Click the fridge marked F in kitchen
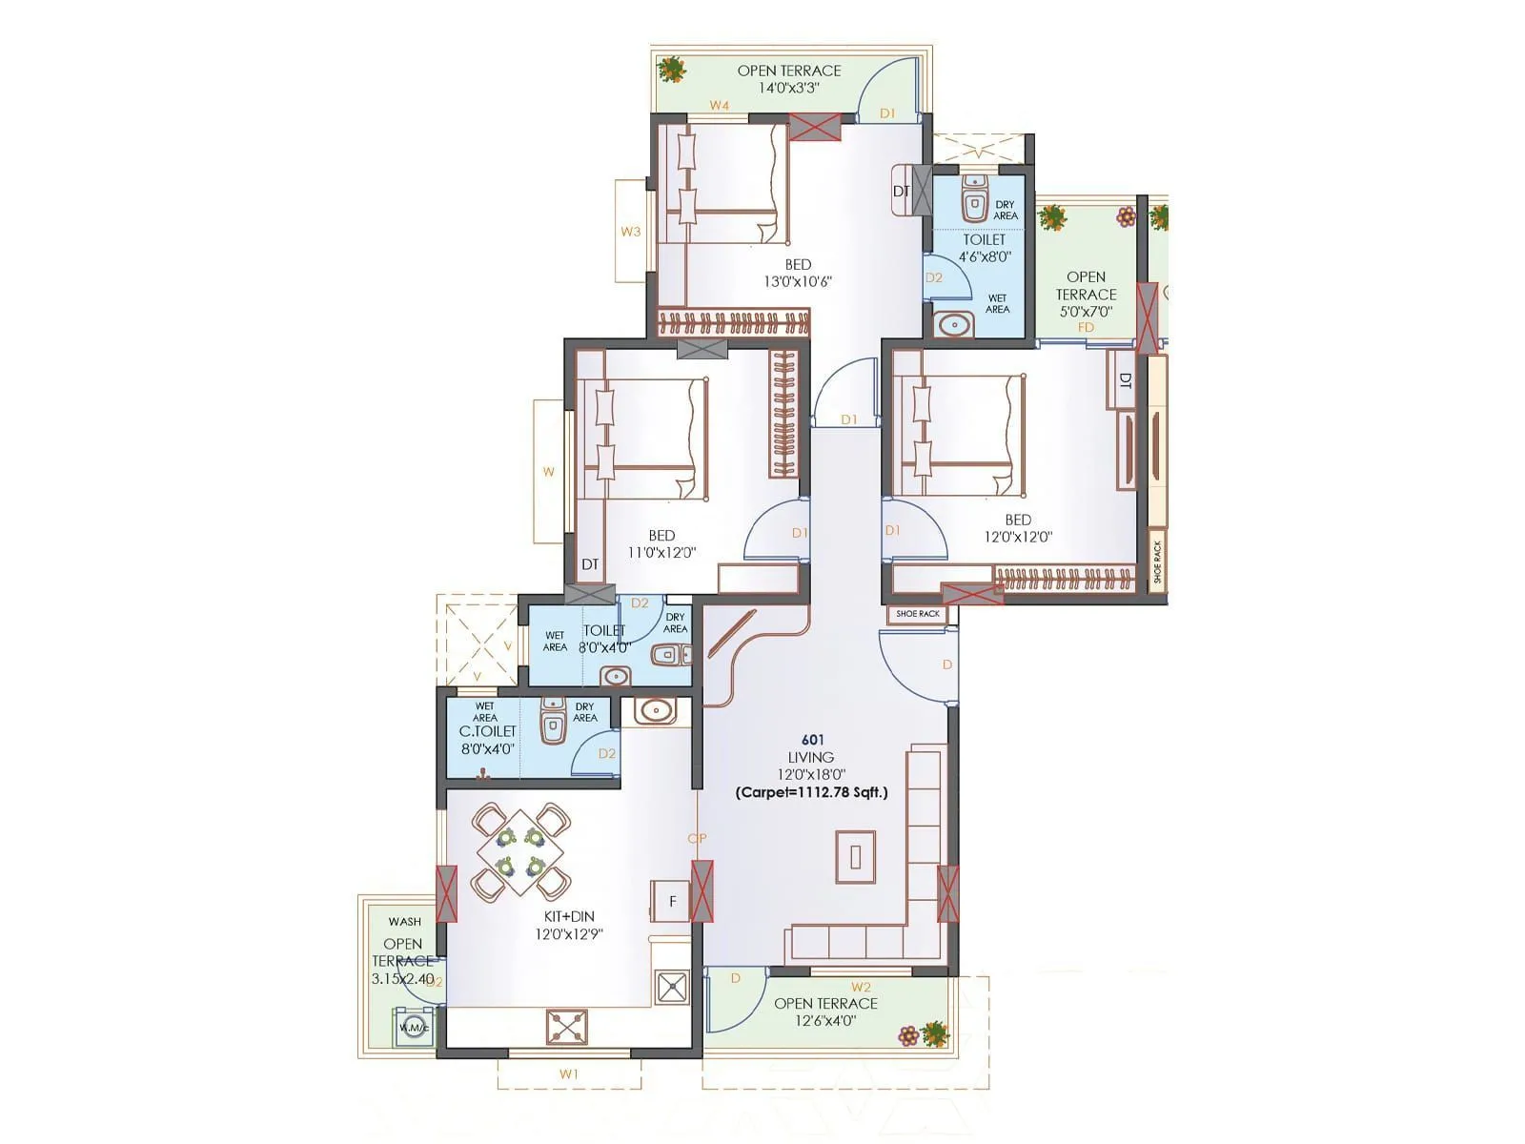pyautogui.click(x=672, y=901)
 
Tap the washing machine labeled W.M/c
pyautogui.click(x=414, y=1027)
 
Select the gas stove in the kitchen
pyautogui.click(x=567, y=1027)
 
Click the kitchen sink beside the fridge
pyautogui.click(x=673, y=987)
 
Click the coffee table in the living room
pyautogui.click(x=855, y=856)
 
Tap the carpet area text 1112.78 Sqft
pyautogui.click(x=811, y=792)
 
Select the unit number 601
pyautogui.click(x=812, y=740)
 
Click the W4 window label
pyautogui.click(x=719, y=106)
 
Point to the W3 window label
pyautogui.click(x=630, y=232)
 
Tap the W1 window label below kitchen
pyautogui.click(x=569, y=1074)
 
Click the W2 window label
pyautogui.click(x=861, y=988)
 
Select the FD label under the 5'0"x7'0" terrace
pyautogui.click(x=1086, y=327)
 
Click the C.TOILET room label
pyautogui.click(x=487, y=731)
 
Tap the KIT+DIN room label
pyautogui.click(x=569, y=916)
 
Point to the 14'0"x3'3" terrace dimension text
pyautogui.click(x=789, y=88)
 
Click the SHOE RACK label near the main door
pyautogui.click(x=918, y=614)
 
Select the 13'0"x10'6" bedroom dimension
pyautogui.click(x=799, y=281)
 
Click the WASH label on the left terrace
pyautogui.click(x=404, y=922)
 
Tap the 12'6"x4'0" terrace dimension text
pyautogui.click(x=825, y=1020)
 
